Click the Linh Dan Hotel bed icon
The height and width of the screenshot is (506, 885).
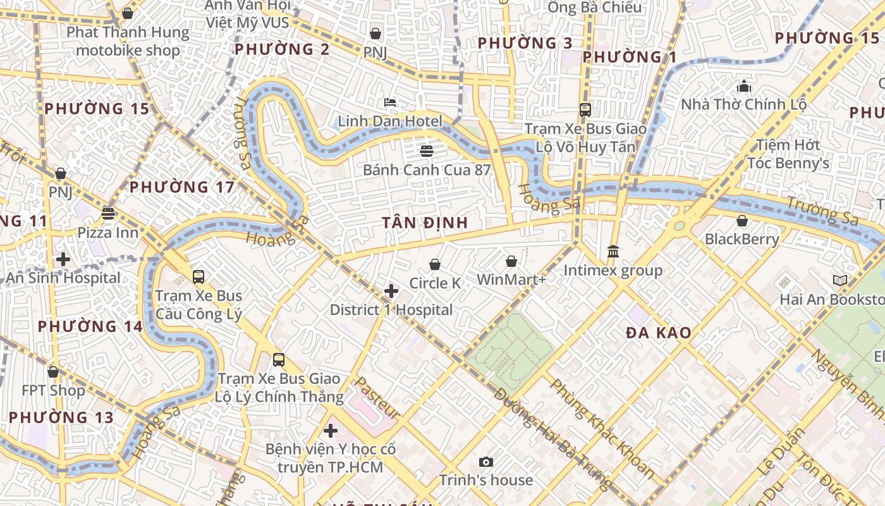(390, 102)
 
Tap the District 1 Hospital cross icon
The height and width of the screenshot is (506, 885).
(391, 291)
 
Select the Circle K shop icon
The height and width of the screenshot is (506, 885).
(435, 264)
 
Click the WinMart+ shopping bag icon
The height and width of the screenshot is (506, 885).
(511, 261)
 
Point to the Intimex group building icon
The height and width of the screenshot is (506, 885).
(613, 252)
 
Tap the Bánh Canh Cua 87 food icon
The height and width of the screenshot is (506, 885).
(427, 151)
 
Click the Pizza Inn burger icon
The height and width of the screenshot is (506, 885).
(108, 214)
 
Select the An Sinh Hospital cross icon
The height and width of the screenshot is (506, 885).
(63, 259)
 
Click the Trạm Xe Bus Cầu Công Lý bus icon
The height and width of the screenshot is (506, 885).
(198, 277)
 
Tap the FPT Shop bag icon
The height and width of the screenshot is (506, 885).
(53, 372)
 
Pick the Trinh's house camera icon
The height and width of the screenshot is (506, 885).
(485, 462)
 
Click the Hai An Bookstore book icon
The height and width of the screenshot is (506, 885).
(839, 280)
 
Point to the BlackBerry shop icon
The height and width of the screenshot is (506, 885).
(742, 221)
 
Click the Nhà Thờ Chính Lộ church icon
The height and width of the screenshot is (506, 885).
(744, 85)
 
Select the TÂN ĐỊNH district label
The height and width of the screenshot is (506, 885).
(425, 223)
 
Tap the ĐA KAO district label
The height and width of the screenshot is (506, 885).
(658, 333)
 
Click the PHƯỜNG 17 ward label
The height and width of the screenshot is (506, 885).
(182, 187)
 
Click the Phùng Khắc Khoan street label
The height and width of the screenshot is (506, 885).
(602, 428)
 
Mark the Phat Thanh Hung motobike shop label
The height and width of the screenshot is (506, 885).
(128, 41)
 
